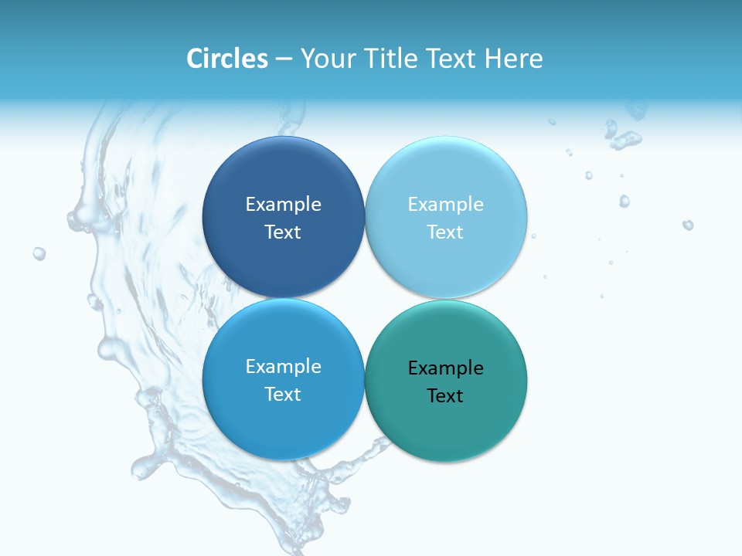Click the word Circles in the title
(x=226, y=59)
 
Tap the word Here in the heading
(x=513, y=59)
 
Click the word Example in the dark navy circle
(x=283, y=205)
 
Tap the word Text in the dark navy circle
(x=283, y=232)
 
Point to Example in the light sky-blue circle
(x=446, y=205)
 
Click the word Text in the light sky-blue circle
(x=446, y=232)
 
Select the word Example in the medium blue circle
(x=283, y=367)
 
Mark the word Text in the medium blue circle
(x=283, y=395)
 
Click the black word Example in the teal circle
(x=446, y=368)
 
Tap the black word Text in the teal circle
(x=446, y=396)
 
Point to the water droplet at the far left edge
(x=39, y=253)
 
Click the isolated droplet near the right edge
(x=687, y=225)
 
